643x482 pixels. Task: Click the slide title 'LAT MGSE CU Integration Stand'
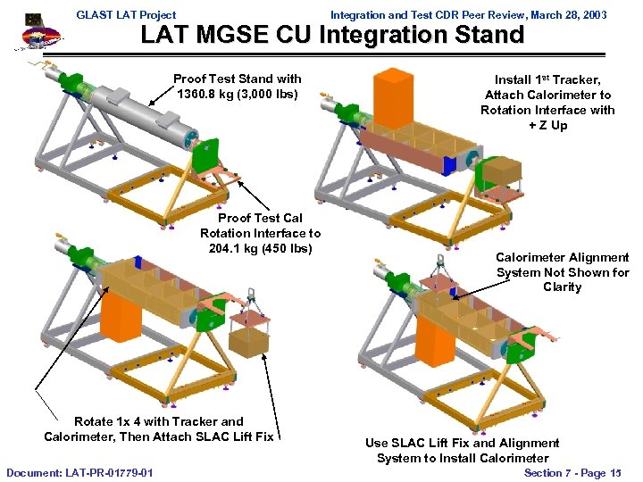332,36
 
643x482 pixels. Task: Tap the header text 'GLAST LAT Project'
126,14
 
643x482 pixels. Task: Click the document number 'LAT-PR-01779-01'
107,471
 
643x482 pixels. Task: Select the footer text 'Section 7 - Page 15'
572,472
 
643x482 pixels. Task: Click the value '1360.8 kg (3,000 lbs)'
238,94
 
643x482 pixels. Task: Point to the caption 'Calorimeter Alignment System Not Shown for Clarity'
562,272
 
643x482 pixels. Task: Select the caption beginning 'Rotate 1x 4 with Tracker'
158,428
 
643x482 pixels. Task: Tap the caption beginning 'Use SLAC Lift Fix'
462,450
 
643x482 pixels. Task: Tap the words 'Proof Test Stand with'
238,79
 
